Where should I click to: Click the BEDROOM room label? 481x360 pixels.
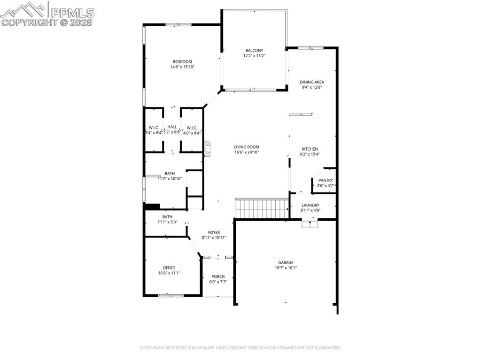point(182,61)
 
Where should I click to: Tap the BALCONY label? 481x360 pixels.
point(254,51)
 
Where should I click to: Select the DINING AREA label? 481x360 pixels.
point(312,82)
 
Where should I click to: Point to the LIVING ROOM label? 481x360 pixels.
point(246,147)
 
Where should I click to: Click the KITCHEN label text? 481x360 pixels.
point(310,149)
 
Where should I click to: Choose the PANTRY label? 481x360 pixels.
point(326,180)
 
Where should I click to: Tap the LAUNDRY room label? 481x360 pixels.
point(310,205)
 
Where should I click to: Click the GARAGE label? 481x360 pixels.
point(286,262)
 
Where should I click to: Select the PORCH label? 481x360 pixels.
point(218,276)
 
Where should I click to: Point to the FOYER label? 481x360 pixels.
point(214,232)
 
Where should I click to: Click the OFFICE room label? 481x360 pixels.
point(169,268)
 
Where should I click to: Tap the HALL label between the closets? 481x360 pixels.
point(172,127)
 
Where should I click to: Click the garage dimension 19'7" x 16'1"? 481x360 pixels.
point(286,268)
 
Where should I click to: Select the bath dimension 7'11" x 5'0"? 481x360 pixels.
point(167,222)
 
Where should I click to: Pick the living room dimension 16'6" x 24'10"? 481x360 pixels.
point(246,152)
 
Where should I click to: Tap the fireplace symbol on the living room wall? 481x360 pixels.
point(208,149)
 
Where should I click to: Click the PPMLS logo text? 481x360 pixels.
point(72,13)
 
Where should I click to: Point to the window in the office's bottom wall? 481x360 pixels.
point(171,296)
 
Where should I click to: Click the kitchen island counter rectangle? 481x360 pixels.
point(301,115)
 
